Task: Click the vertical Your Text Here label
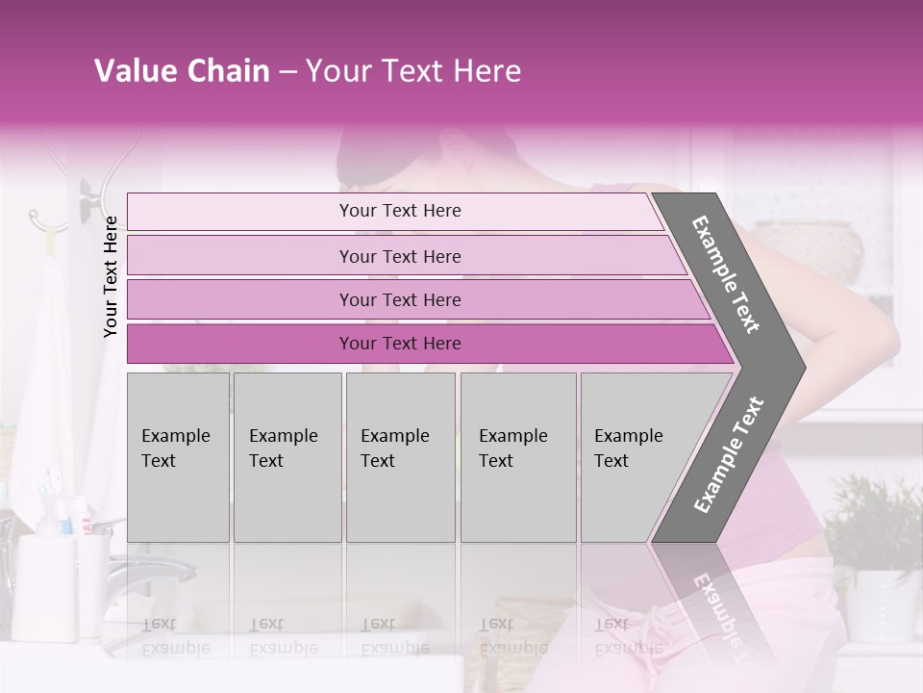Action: pyautogui.click(x=111, y=277)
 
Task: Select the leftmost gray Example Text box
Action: pyautogui.click(x=178, y=456)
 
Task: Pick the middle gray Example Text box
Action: pyautogui.click(x=400, y=456)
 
